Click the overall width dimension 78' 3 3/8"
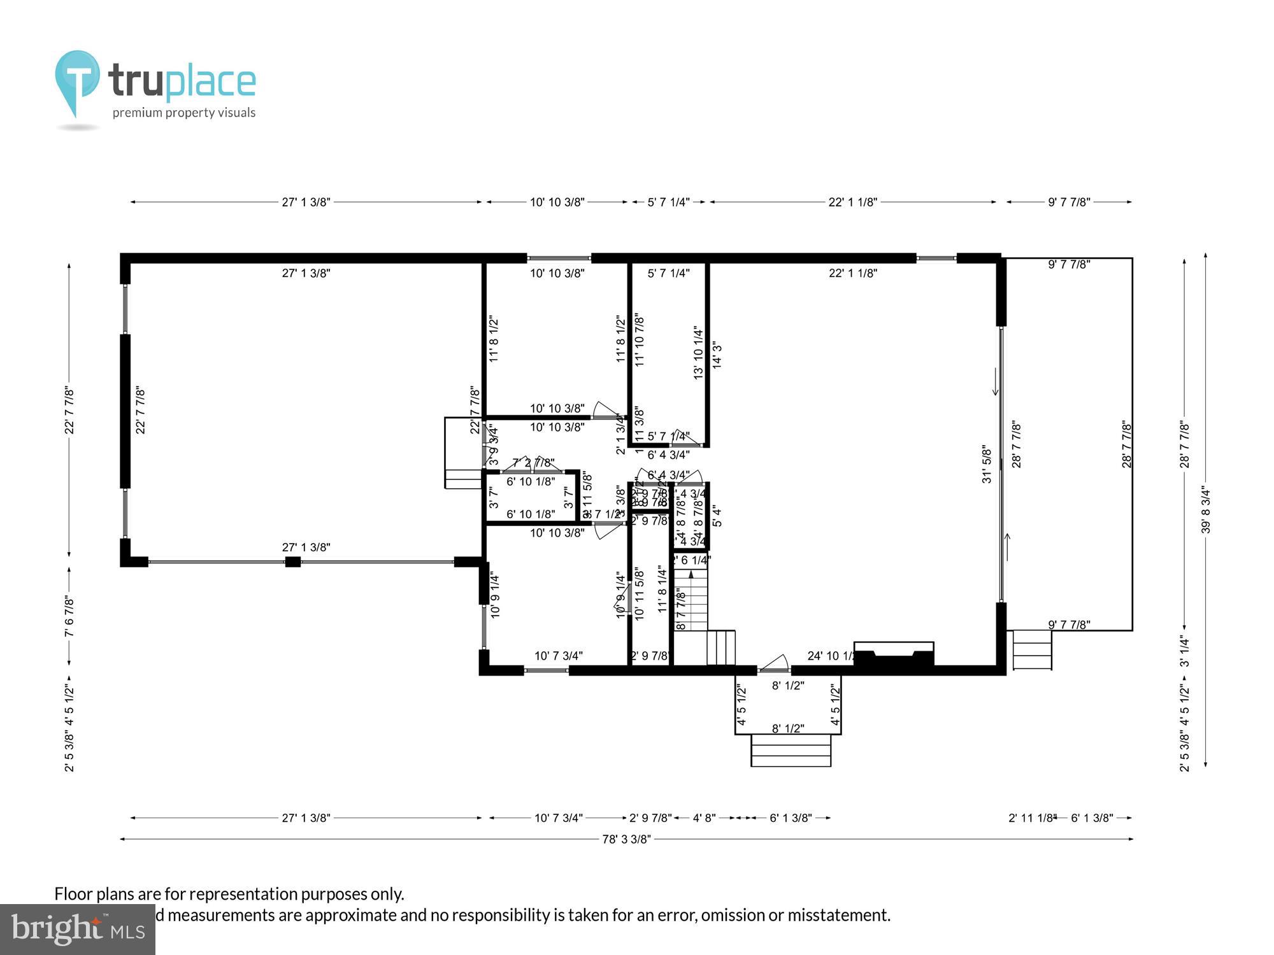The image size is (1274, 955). pyautogui.click(x=627, y=839)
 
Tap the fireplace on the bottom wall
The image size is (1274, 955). pyautogui.click(x=894, y=656)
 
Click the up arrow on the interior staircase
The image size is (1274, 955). pyautogui.click(x=691, y=574)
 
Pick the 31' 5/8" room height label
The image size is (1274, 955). pyautogui.click(x=987, y=464)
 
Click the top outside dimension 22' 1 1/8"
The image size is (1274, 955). pyautogui.click(x=852, y=202)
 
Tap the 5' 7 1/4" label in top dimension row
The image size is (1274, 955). pyautogui.click(x=668, y=202)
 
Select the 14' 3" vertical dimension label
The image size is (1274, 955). pyautogui.click(x=717, y=355)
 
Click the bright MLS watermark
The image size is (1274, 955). pyautogui.click(x=77, y=930)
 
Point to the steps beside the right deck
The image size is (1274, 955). pyautogui.click(x=1031, y=649)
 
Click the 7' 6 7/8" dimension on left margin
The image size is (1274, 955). pyautogui.click(x=69, y=616)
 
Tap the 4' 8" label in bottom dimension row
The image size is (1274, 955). pyautogui.click(x=704, y=818)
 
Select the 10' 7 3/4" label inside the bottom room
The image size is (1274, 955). pyautogui.click(x=558, y=656)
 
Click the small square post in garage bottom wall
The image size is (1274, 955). pyautogui.click(x=292, y=562)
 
